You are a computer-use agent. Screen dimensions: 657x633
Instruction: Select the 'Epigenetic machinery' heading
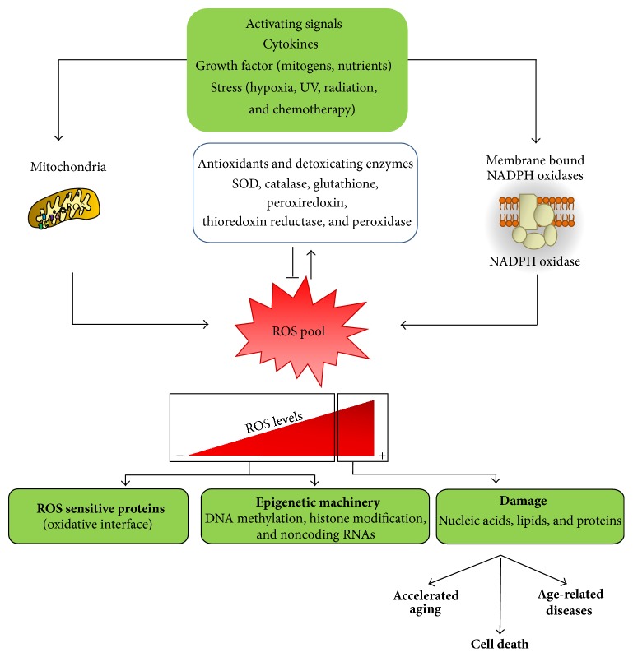[315, 501]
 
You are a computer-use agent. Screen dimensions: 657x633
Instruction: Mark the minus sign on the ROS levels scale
[179, 455]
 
